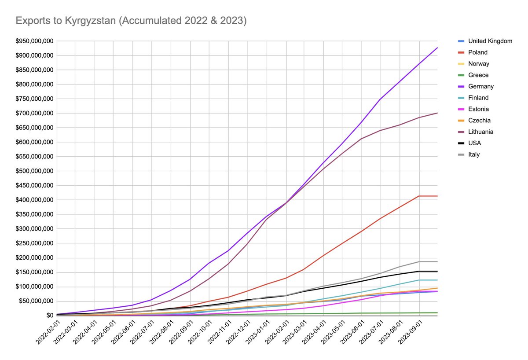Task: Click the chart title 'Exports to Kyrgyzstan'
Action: pyautogui.click(x=66, y=21)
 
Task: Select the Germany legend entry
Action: pyautogui.click(x=476, y=86)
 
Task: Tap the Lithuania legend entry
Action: pyautogui.click(x=476, y=132)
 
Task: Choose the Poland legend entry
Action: pyautogui.click(x=473, y=52)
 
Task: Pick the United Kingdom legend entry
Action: pyautogui.click(x=485, y=41)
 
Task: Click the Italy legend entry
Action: pyautogui.click(x=469, y=154)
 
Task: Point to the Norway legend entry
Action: pyautogui.click(x=473, y=64)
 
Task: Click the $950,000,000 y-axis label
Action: pyautogui.click(x=34, y=41)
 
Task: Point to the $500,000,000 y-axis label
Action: pyautogui.click(x=34, y=171)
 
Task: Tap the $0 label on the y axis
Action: pyautogui.click(x=50, y=316)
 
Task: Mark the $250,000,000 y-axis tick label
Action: pyautogui.click(x=34, y=243)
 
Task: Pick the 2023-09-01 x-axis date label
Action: pyautogui.click(x=410, y=332)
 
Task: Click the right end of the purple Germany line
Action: pyautogui.click(x=437, y=48)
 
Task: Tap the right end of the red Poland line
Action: pyautogui.click(x=437, y=196)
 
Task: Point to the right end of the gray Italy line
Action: pyautogui.click(x=437, y=262)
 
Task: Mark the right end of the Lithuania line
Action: pyautogui.click(x=437, y=113)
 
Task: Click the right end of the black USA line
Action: pyautogui.click(x=437, y=272)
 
